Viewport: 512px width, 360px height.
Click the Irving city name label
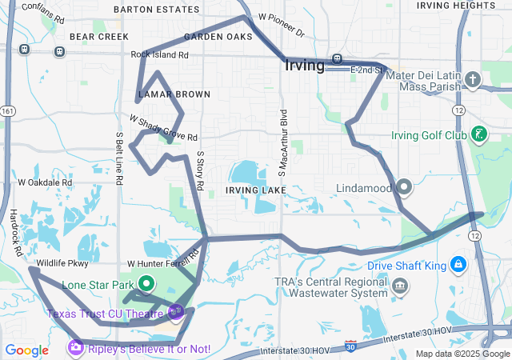(304, 65)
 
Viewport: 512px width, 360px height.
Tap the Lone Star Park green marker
(147, 283)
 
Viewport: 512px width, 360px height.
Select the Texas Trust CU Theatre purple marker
(176, 312)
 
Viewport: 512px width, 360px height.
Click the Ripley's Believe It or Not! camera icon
(76, 348)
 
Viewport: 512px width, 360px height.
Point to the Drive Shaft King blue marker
(458, 264)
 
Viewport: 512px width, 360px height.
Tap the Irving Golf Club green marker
(478, 134)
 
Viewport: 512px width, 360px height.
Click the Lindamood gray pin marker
(404, 187)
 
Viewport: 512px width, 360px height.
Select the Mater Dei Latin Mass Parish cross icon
(473, 79)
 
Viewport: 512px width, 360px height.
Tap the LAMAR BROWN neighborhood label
(174, 94)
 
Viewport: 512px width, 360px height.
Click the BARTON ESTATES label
(156, 10)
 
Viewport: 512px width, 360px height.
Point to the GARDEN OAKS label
(218, 37)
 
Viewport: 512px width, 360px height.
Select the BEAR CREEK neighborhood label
(99, 37)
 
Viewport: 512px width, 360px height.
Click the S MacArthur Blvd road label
(282, 142)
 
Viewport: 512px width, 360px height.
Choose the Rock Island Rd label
(160, 55)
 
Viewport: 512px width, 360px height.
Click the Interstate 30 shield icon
(350, 345)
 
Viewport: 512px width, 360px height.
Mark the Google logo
(27, 350)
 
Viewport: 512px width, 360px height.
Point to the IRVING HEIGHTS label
(445, 6)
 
